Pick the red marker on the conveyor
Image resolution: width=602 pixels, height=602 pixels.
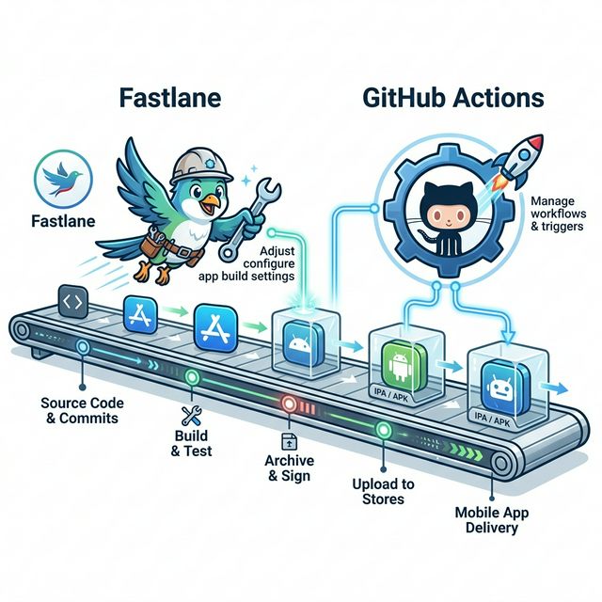[289, 404]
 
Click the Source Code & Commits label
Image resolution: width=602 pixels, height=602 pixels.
[83, 409]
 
